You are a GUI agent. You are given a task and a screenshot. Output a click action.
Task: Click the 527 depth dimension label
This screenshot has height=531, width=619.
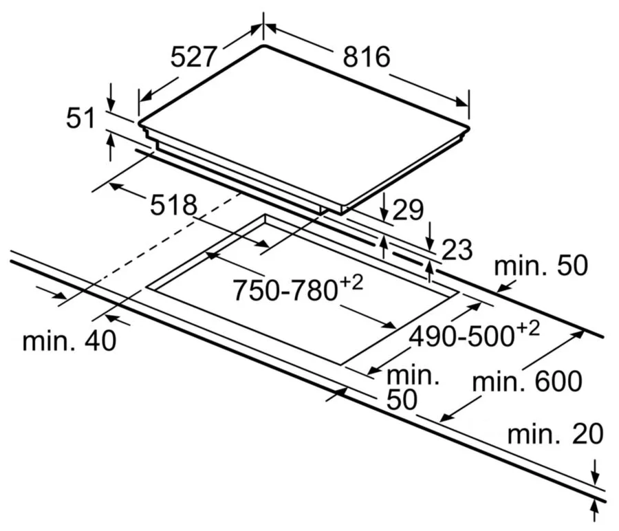(x=195, y=57)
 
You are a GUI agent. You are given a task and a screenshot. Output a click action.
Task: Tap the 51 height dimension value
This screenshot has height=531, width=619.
(x=80, y=119)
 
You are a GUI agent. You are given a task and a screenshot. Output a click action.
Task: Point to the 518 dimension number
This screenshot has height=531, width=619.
(x=174, y=206)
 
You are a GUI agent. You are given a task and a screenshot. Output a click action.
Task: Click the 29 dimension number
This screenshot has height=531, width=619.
(x=408, y=210)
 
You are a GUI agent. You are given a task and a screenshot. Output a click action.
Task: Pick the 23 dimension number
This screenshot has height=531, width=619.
(x=456, y=250)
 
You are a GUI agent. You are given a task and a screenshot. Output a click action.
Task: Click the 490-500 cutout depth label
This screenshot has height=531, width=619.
(x=461, y=336)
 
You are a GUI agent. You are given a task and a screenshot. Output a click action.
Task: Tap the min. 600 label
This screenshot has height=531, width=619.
(x=528, y=380)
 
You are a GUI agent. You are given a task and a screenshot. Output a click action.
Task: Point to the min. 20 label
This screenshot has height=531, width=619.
(x=555, y=434)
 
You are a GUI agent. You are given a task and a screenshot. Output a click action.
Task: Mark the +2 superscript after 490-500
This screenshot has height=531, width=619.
(x=528, y=329)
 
